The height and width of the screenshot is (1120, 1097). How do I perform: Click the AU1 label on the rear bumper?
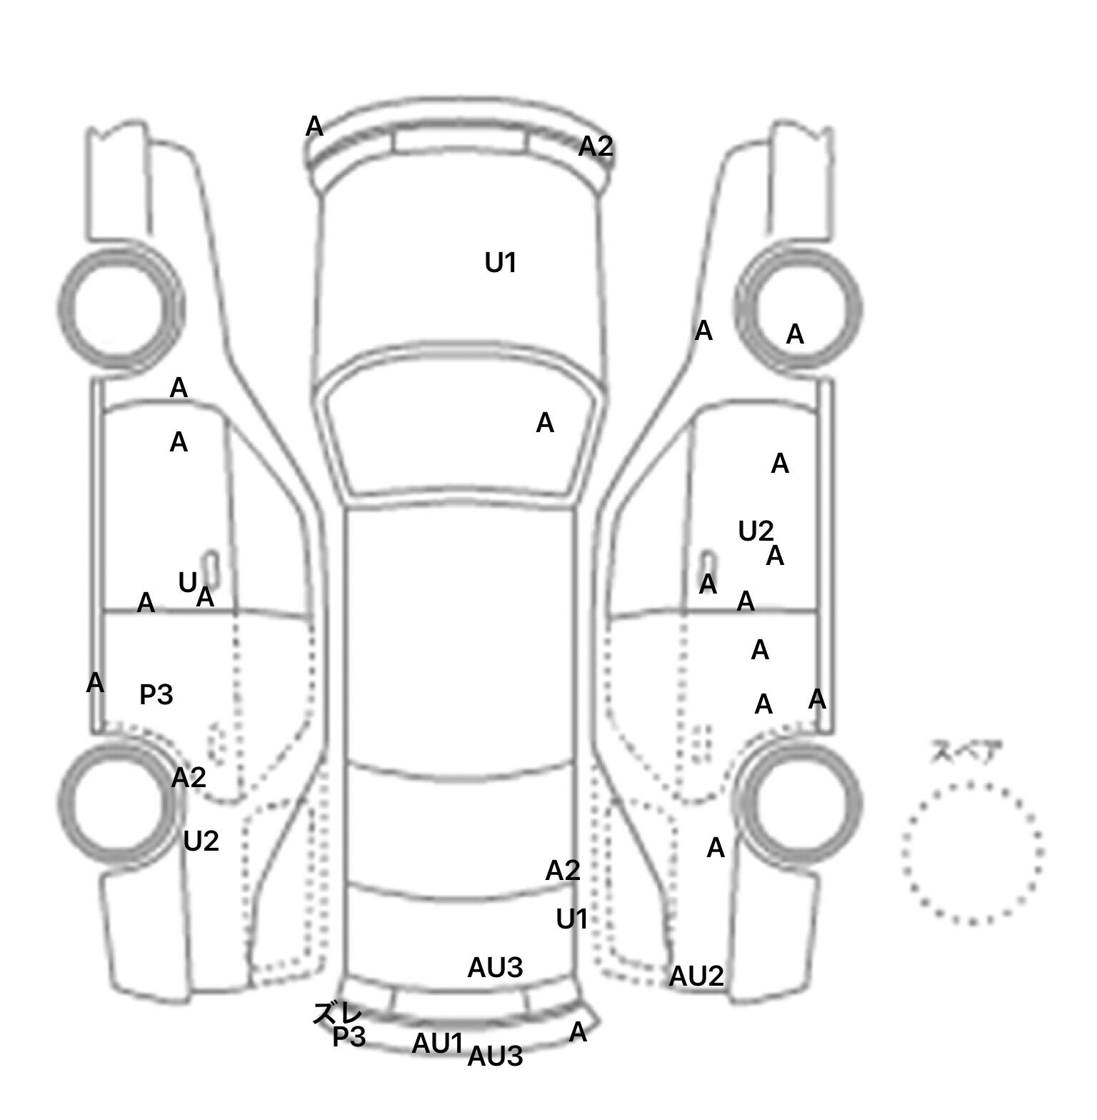coord(437,1044)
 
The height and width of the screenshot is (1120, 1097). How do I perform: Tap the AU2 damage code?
coord(696,976)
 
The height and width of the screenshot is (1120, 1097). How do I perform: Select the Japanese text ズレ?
coord(337,1013)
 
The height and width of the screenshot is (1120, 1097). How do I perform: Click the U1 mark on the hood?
coord(500,264)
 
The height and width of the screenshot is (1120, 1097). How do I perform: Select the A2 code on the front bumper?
coord(595,146)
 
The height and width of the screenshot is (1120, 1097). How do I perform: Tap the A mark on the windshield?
coord(545,423)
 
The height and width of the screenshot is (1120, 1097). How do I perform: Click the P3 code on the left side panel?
coord(156,694)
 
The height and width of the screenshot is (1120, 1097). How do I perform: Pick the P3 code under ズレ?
coord(349,1037)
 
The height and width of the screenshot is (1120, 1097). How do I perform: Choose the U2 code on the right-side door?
coord(756,531)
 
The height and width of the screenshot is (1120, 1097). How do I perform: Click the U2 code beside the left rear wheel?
coord(201,842)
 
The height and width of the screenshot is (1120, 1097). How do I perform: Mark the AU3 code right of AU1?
coord(495,1056)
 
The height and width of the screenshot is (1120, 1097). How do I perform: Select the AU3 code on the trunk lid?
coord(495,968)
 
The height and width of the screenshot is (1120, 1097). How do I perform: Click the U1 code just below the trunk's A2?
coord(571,919)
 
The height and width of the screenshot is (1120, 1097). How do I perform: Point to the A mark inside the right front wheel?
coord(795,334)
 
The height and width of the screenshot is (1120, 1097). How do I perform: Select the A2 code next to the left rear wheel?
coord(189,777)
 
